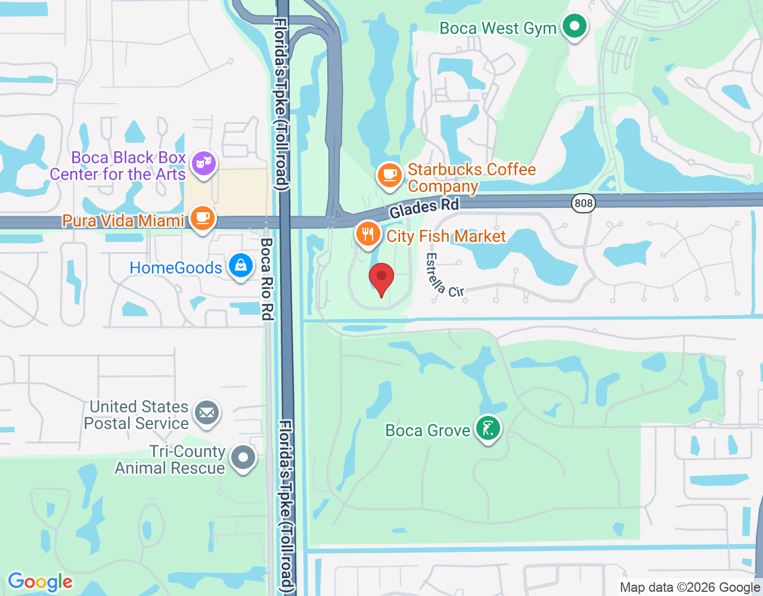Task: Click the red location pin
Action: point(381,279)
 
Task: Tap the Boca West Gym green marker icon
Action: point(575,27)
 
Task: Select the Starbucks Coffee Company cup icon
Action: point(390,175)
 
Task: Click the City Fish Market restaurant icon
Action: point(368,234)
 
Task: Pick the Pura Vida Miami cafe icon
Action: point(203,218)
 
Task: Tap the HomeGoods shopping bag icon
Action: point(240,266)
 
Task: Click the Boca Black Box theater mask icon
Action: point(204,163)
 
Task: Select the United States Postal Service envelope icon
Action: point(207,412)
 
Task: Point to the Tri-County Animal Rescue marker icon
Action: point(243,458)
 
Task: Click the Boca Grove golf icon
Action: point(488,429)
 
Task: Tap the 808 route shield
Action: point(583,203)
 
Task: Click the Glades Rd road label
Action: point(424,208)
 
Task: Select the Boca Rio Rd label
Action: point(268,278)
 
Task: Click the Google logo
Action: point(40,582)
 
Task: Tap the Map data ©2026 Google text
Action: point(690,588)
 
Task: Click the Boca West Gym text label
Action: point(498,28)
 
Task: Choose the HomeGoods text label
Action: point(176,268)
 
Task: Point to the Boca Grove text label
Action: point(427,430)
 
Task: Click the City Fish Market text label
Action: point(446,236)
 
